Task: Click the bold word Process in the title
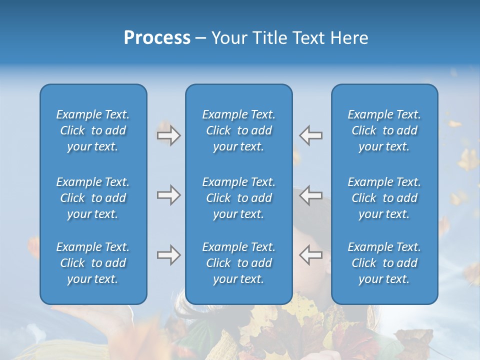coord(157,38)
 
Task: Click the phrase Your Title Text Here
coord(289,38)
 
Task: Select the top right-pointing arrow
coord(168,135)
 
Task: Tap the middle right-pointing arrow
coord(168,195)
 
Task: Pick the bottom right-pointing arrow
coord(168,255)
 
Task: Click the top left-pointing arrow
coord(311,135)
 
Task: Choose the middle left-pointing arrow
coord(311,195)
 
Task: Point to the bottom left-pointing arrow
coord(311,255)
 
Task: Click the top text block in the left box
coord(93,130)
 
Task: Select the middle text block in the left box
coord(93,198)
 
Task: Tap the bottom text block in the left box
coord(93,263)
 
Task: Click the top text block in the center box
coord(239,130)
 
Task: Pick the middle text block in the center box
coord(239,198)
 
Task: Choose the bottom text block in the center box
coord(239,263)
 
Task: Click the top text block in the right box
coord(384,130)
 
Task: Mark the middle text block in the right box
coord(384,198)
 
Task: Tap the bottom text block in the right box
coord(384,263)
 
